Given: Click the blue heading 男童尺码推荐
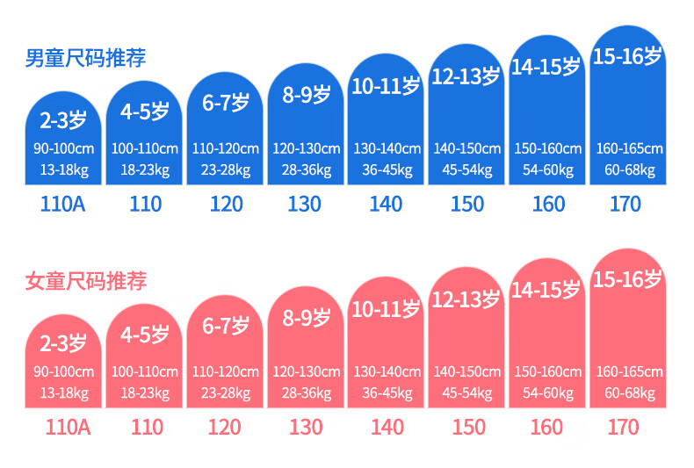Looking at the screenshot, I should click(85, 59).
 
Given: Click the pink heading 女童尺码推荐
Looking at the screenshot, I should click(85, 282).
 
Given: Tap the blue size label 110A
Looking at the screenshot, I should click(64, 204).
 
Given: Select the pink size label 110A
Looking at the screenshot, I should click(64, 427).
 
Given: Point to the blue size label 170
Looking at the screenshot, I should click(625, 204).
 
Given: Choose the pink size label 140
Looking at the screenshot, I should click(387, 427).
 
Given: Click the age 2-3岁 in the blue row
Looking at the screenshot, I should click(64, 118).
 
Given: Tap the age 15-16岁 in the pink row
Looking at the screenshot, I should click(627, 280).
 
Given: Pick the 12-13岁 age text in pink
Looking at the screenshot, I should click(466, 300).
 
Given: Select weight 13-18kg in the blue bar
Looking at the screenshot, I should click(64, 169).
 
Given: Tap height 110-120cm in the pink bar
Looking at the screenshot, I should click(226, 371).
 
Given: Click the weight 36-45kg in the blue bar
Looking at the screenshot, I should click(387, 169).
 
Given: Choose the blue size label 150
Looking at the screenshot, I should click(467, 204).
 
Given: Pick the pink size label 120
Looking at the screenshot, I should click(225, 427).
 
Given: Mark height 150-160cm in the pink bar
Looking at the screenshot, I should click(548, 371).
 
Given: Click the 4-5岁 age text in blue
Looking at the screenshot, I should click(145, 112).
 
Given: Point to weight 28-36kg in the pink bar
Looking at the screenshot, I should click(307, 392).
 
